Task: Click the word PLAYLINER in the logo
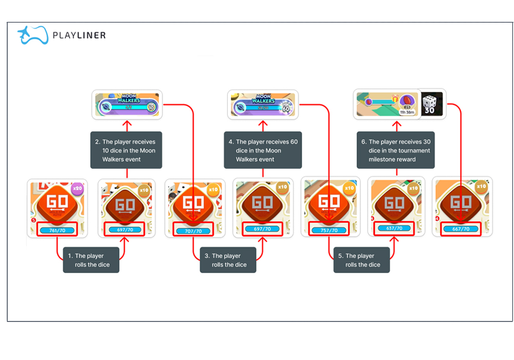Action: coord(79,35)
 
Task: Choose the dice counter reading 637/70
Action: coord(394,228)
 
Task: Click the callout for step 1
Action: coord(91,260)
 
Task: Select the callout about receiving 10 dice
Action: coord(126,150)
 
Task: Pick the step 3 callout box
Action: coord(228,260)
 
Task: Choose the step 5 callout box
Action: coord(361,260)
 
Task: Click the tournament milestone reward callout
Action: coord(395,150)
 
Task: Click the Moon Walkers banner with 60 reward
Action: coord(263,104)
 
